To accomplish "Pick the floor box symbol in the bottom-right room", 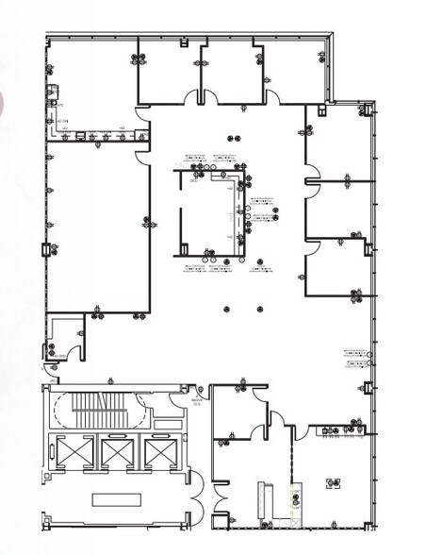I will pos(332,483).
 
